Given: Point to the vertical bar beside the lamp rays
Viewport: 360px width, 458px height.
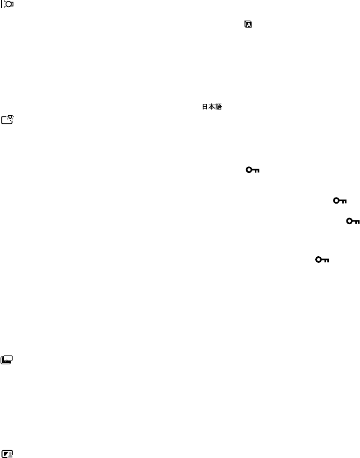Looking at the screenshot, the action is click(2, 3).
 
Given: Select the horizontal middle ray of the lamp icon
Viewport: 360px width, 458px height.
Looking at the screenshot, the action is click(4, 3).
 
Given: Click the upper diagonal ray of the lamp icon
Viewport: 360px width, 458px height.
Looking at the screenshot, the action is click(4, 1).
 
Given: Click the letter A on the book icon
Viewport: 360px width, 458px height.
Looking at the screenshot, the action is click(249, 26).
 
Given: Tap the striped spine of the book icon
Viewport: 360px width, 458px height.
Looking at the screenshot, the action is click(246, 26).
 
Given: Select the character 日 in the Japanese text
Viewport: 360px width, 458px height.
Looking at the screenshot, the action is click(204, 107).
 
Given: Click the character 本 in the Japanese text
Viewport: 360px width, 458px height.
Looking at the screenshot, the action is click(211, 107).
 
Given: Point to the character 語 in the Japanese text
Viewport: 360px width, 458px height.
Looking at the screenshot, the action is click(217, 107).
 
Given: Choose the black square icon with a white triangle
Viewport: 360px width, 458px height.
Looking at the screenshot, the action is click(8, 453).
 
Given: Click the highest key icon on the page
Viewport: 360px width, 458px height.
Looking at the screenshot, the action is click(252, 171).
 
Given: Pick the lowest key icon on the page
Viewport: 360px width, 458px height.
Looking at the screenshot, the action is click(322, 260).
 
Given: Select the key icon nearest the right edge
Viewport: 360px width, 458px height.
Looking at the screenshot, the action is click(353, 221).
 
